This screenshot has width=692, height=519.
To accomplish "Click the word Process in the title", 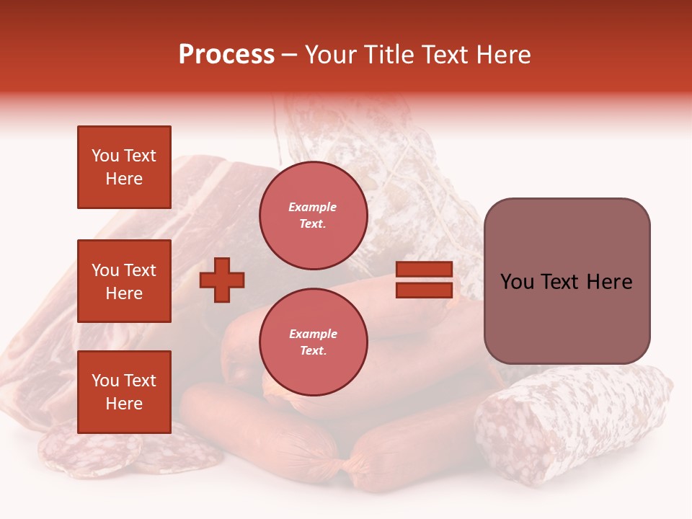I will click(226, 55).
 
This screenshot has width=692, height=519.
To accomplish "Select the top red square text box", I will click(124, 167).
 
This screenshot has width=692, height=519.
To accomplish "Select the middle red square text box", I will click(124, 281).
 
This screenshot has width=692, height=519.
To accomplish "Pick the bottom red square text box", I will click(124, 392).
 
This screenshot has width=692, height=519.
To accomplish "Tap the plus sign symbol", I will click(222, 280).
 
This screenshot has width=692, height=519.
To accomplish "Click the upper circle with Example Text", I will click(313, 216).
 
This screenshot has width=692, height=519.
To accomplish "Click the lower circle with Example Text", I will click(313, 342).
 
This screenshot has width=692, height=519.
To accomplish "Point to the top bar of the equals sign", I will click(424, 270).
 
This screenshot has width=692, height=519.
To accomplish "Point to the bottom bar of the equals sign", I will click(424, 290).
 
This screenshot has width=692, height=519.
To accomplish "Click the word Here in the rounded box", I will click(609, 282).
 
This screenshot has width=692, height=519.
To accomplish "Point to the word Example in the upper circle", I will click(313, 207).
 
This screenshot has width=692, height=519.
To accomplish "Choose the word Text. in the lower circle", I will click(313, 351).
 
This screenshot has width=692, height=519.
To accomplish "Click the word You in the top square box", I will click(105, 156).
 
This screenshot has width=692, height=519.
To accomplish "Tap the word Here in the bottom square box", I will click(124, 404).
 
